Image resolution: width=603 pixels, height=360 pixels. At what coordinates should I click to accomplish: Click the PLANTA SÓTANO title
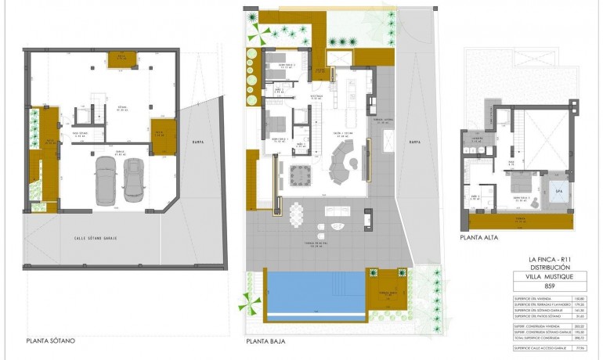click(51, 341)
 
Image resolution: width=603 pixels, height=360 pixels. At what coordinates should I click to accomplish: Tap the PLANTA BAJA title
click(265, 341)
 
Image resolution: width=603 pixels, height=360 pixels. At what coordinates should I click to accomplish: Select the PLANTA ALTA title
click(480, 238)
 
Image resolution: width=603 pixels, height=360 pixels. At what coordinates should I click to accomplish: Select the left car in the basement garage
click(106, 181)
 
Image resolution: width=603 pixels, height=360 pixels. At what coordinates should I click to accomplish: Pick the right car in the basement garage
click(135, 180)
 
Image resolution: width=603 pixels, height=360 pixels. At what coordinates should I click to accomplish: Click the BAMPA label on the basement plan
click(197, 141)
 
